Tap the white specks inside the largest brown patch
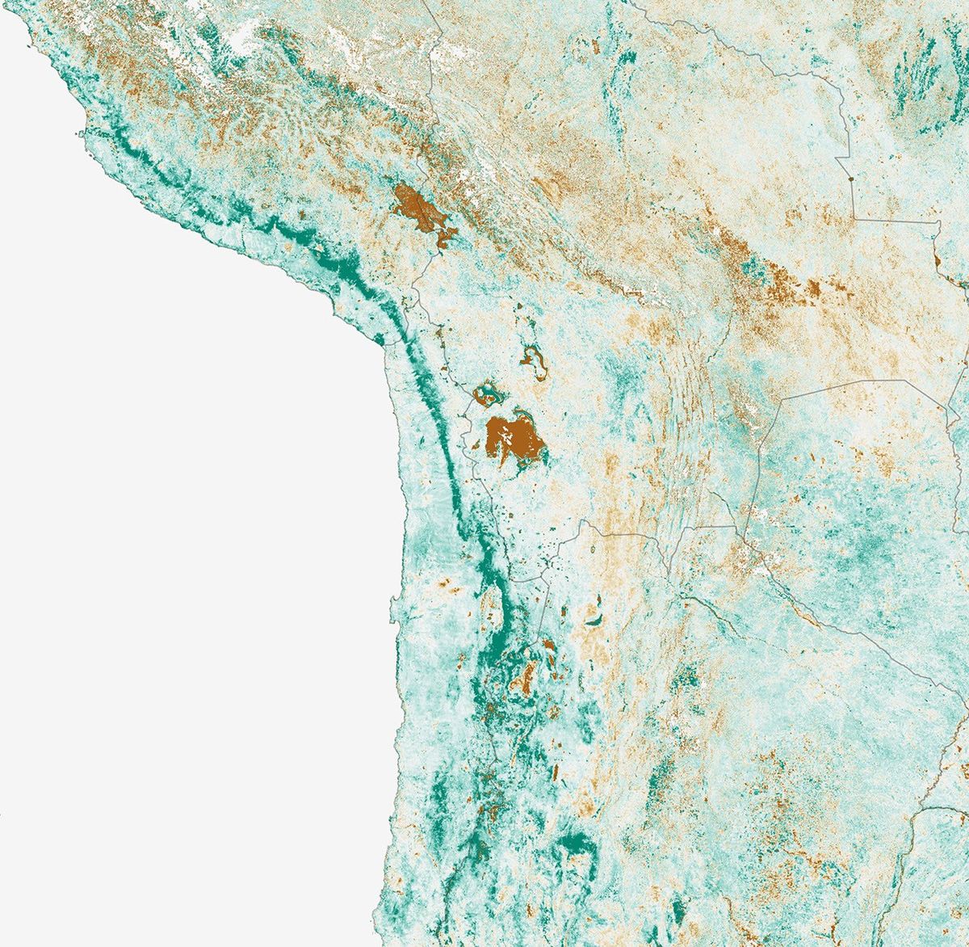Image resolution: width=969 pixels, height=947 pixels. [505, 440]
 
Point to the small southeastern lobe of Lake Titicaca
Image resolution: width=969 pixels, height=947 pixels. [444, 238]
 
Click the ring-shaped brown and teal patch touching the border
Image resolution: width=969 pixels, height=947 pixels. [488, 395]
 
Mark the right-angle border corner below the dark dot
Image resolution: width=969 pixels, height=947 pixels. [855, 218]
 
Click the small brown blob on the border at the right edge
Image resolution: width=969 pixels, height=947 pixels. [939, 263]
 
